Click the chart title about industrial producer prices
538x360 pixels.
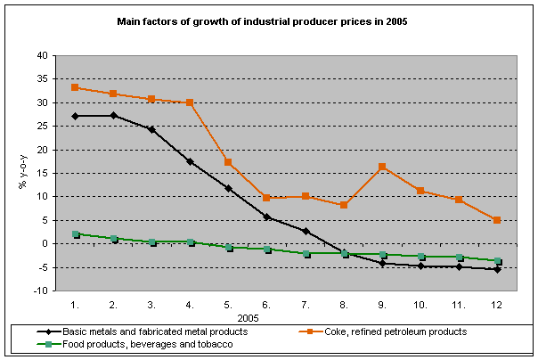tap(268, 20)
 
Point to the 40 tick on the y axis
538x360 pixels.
tap(42, 55)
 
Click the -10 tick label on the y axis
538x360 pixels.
tap(40, 290)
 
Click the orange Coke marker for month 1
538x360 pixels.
tap(75, 87)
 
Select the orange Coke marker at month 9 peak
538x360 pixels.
tap(381, 167)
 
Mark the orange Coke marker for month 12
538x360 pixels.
tap(496, 220)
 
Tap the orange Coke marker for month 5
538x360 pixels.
tap(228, 162)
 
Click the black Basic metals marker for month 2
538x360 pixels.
tap(113, 116)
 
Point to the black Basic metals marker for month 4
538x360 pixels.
tap(190, 161)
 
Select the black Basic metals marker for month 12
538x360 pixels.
tap(496, 269)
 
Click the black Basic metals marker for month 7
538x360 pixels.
tap(305, 231)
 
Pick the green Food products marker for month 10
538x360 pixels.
tap(420, 257)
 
